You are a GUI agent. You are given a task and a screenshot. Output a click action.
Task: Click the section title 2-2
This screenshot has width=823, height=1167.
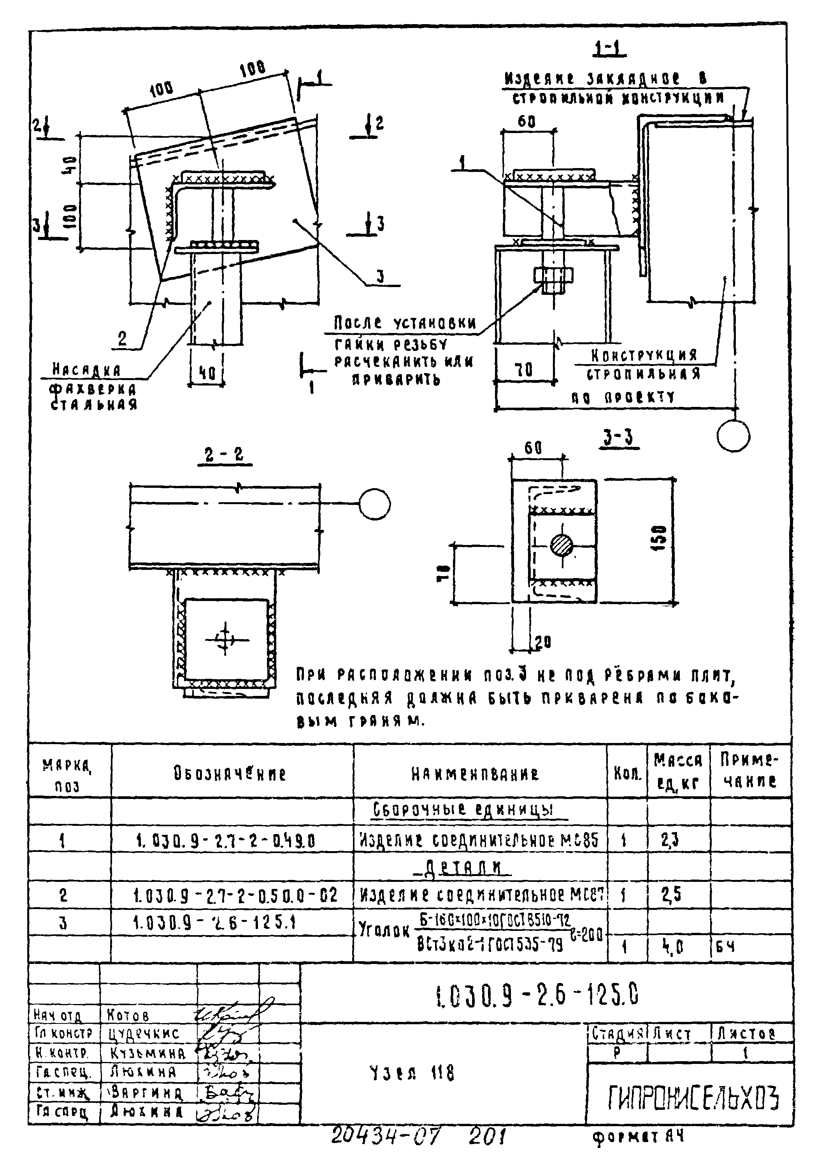pyautogui.click(x=225, y=454)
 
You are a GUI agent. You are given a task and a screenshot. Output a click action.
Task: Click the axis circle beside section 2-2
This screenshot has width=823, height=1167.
pyautogui.click(x=375, y=504)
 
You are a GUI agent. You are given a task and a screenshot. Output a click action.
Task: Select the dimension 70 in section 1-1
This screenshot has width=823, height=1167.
pyautogui.click(x=524, y=370)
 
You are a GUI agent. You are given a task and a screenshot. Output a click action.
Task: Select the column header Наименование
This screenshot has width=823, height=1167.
pyautogui.click(x=475, y=774)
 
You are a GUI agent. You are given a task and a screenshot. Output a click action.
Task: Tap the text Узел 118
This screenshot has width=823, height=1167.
pyautogui.click(x=412, y=1073)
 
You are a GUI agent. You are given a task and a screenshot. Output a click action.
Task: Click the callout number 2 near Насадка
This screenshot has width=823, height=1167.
pyautogui.click(x=123, y=339)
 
